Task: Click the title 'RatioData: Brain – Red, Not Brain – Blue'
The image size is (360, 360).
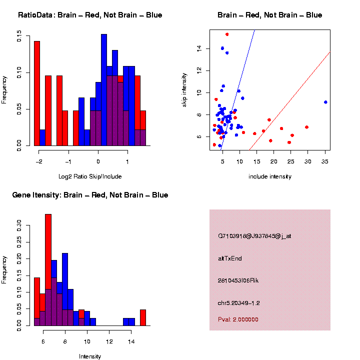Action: [x=90, y=15]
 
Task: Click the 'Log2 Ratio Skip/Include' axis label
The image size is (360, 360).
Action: [x=90, y=176]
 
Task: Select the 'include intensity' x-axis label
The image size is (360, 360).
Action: [x=270, y=176]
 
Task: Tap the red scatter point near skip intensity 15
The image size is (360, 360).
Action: [x=227, y=34]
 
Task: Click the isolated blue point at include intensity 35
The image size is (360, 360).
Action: [x=325, y=102]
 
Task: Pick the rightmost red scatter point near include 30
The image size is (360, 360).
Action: [x=306, y=127]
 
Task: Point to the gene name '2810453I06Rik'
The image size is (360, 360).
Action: [x=238, y=280]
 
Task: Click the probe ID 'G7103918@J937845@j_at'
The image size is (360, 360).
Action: [x=254, y=236]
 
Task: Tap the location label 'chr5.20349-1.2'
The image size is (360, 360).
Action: [x=239, y=303]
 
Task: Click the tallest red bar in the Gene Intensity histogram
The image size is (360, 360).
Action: [x=48, y=270]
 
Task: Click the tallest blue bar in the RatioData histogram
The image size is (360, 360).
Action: [x=104, y=90]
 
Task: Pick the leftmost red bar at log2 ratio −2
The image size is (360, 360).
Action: [x=37, y=93]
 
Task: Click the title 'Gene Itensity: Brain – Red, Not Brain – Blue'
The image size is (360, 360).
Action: [x=90, y=195]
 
